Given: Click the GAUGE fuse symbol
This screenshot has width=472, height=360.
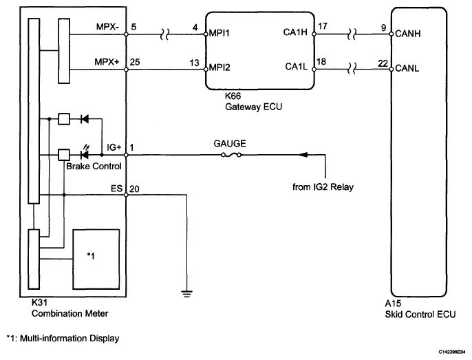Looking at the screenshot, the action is (x=231, y=155).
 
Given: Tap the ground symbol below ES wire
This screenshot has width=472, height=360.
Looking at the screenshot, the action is (x=187, y=294).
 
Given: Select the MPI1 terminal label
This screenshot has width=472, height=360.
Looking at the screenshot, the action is (x=219, y=33).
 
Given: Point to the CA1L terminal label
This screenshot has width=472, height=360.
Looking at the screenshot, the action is (x=296, y=67).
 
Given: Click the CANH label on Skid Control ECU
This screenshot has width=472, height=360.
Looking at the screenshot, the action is (x=407, y=34).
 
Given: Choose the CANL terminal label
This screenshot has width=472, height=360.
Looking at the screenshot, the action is (x=407, y=68).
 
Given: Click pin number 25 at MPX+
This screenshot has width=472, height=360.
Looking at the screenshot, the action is (x=135, y=62).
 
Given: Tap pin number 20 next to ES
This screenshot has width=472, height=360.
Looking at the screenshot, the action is (x=134, y=189).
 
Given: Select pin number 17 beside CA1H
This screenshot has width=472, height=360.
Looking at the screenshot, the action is (x=323, y=26).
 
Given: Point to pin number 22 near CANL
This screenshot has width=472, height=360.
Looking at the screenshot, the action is (x=383, y=63).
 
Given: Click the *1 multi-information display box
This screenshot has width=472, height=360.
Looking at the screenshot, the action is (x=96, y=260).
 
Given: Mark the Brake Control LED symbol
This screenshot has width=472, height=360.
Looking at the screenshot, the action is (x=85, y=153).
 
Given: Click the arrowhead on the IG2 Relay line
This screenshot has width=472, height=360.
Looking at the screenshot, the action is (x=303, y=155).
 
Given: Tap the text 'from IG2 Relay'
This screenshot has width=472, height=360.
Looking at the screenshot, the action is (x=323, y=187).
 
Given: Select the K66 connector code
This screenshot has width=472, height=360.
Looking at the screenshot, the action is (x=233, y=96).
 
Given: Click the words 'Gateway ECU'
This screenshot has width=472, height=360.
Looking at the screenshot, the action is (x=253, y=107).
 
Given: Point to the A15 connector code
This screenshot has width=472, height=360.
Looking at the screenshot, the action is (x=393, y=303).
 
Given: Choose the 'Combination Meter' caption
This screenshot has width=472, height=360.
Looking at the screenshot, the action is (x=70, y=314).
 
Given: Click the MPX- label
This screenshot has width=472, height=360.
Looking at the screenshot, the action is (x=107, y=27).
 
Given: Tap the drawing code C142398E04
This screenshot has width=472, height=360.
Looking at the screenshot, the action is (x=451, y=352).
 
